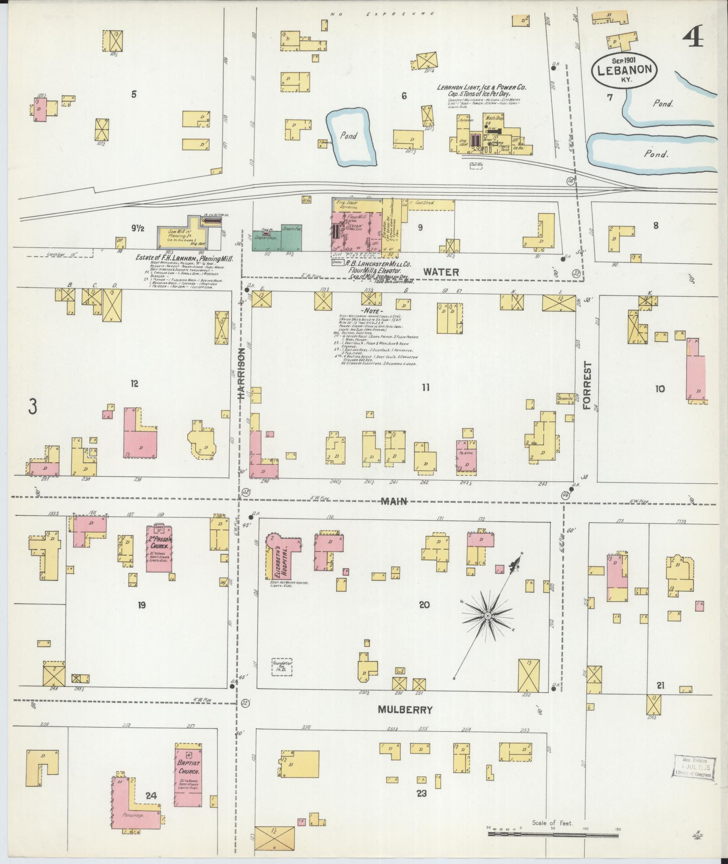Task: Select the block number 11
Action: click(x=425, y=387)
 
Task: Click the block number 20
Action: click(x=424, y=605)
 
